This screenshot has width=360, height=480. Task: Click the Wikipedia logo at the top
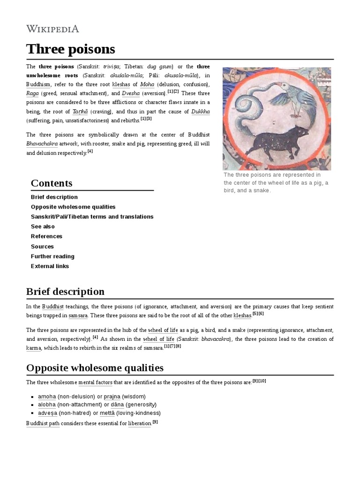52,29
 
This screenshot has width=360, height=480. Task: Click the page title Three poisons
70,49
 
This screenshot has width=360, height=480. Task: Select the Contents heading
52,183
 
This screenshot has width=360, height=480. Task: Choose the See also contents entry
43,226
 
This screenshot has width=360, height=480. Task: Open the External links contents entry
50,266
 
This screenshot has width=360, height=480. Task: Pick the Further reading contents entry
52,256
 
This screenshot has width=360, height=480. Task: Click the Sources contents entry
42,247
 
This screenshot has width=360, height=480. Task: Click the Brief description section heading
65,292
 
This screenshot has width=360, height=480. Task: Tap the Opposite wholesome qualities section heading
95,367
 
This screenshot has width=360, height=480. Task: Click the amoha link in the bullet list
47,396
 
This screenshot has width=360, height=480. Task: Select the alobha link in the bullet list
47,405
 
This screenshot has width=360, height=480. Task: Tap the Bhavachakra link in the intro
42,144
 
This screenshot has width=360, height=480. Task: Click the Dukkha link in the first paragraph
200,112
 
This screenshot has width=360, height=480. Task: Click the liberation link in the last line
140,423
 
